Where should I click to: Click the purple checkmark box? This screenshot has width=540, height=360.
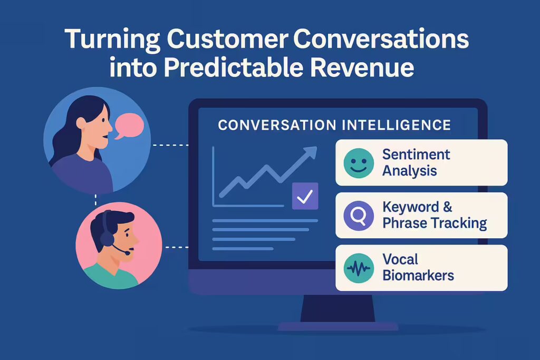[305, 196]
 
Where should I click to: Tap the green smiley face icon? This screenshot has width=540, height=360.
[359, 163]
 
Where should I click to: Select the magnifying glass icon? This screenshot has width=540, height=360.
[359, 216]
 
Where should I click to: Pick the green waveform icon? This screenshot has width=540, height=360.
[359, 268]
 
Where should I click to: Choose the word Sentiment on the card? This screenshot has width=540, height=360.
[416, 154]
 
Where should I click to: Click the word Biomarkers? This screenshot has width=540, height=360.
[418, 276]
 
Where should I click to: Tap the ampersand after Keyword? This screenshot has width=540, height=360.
[447, 207]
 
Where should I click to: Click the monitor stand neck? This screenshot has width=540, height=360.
[337, 307]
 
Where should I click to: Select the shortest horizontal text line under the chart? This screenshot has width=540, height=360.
[243, 248]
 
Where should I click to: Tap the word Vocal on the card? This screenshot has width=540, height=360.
[400, 259]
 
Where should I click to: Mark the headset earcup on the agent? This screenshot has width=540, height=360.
[107, 238]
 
